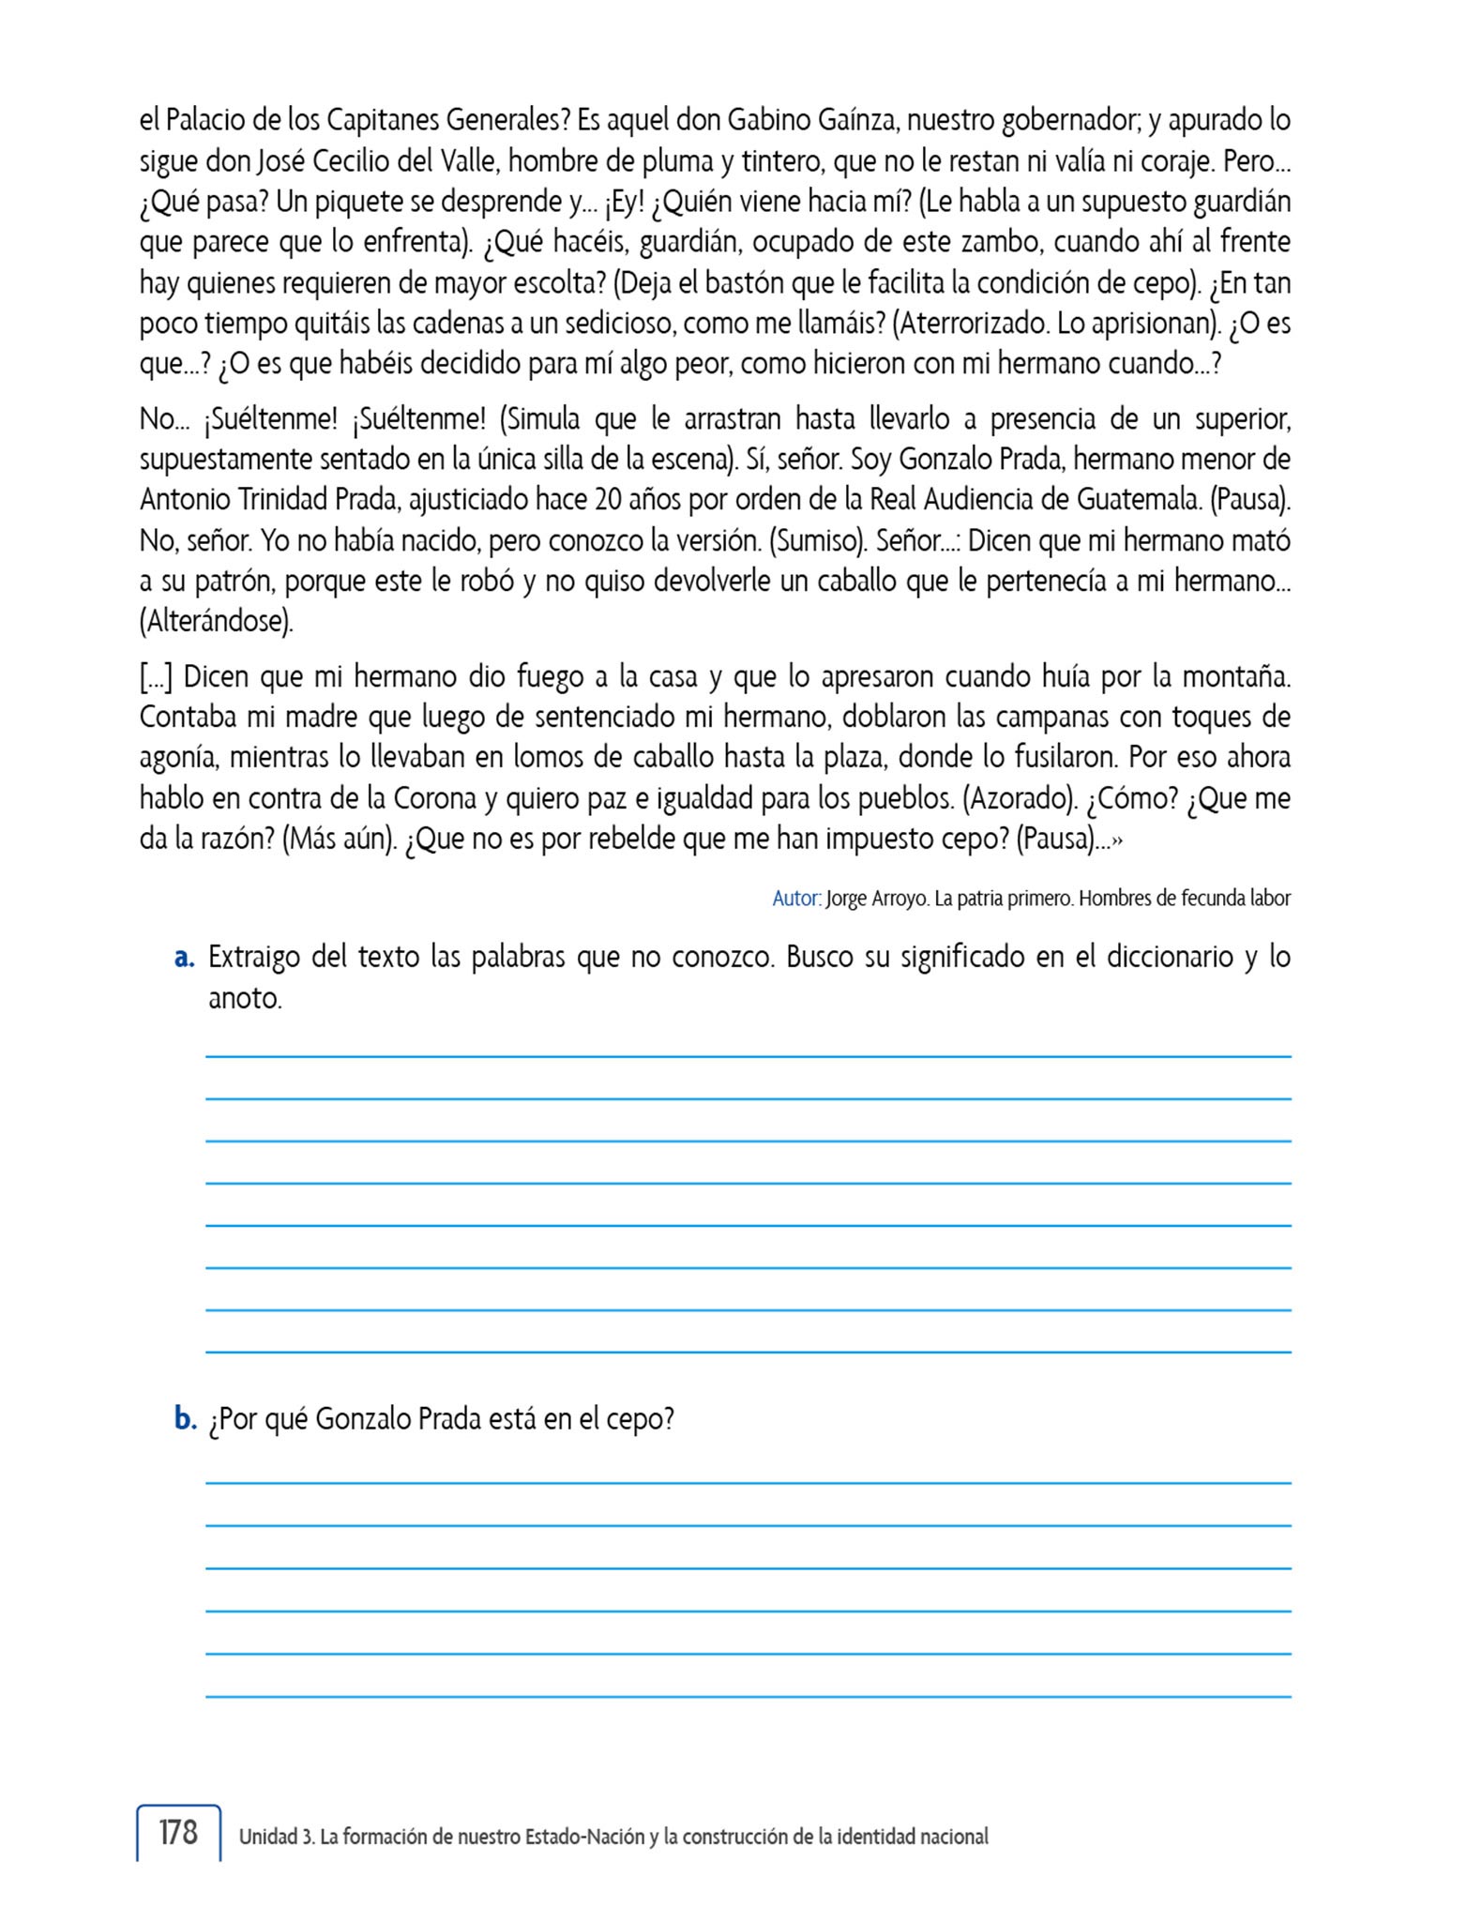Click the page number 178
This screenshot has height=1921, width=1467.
(178, 1832)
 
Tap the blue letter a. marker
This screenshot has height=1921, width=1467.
(184, 958)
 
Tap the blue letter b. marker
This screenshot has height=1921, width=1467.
(185, 1419)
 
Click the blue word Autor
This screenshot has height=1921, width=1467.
(795, 899)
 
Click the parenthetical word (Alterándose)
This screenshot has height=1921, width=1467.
(217, 621)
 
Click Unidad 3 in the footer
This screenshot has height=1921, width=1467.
(276, 1837)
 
